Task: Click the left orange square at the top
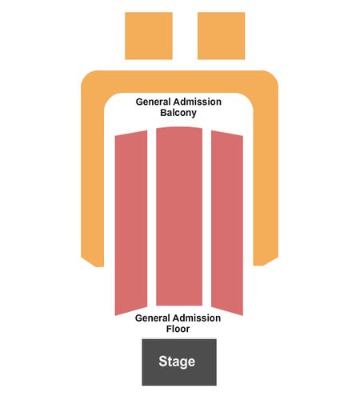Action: pyautogui.click(x=149, y=36)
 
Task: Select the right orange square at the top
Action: pyautogui.click(x=221, y=36)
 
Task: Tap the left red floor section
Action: pyautogui.click(x=131, y=223)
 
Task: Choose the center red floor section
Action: pyautogui.click(x=179, y=216)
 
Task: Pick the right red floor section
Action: pyautogui.click(x=227, y=223)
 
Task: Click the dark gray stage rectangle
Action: pyautogui.click(x=179, y=362)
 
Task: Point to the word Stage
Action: pyautogui.click(x=177, y=362)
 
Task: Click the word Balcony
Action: pyautogui.click(x=178, y=113)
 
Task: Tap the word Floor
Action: pyautogui.click(x=178, y=329)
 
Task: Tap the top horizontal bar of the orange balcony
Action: pyautogui.click(x=179, y=82)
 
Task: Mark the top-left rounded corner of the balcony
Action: pyautogui.click(x=90, y=79)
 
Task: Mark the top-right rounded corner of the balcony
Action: pyautogui.click(x=270, y=79)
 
